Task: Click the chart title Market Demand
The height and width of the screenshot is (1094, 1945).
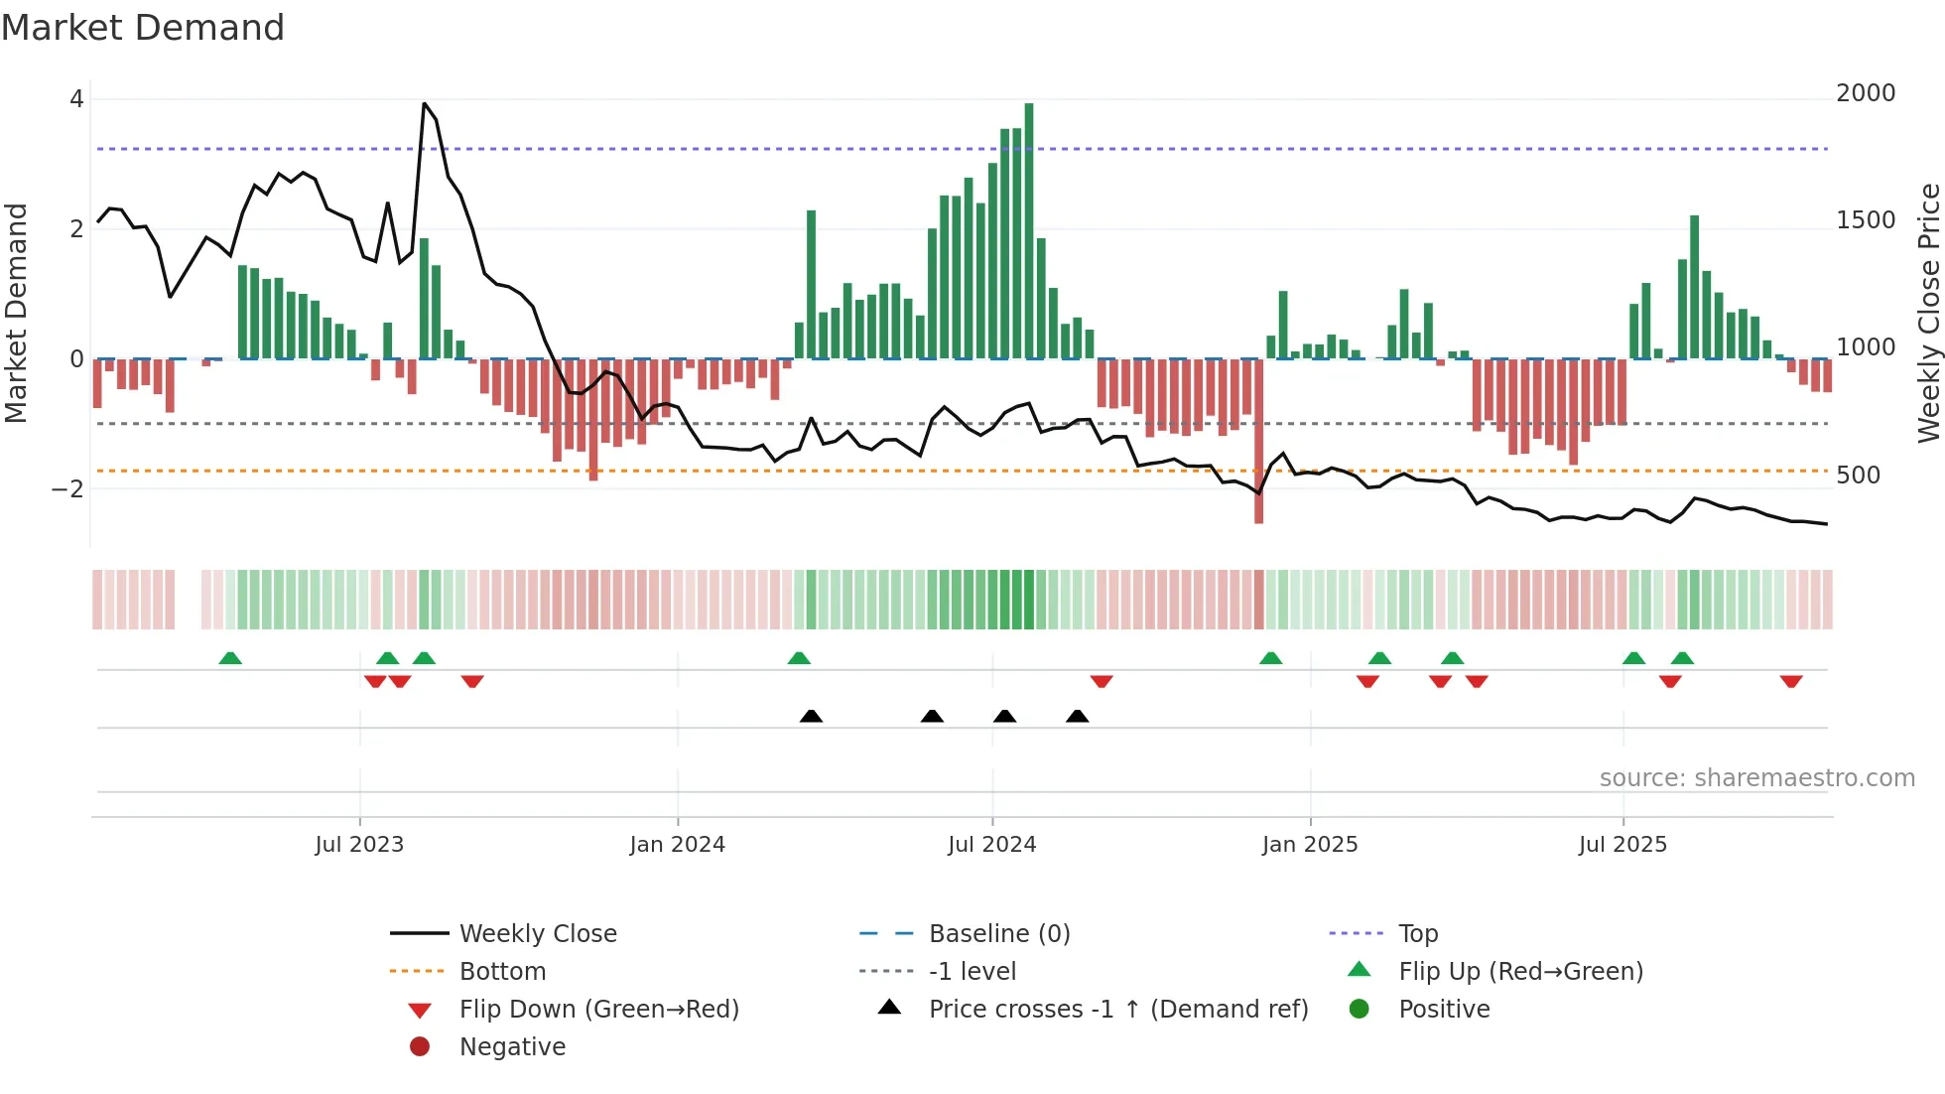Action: tap(143, 28)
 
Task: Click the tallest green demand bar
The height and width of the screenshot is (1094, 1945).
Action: tap(1029, 230)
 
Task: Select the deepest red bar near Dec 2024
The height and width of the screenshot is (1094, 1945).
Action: tap(1258, 441)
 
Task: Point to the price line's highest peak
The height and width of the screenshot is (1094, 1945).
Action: tap(425, 104)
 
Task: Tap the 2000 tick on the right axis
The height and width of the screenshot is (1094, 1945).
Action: tap(1865, 93)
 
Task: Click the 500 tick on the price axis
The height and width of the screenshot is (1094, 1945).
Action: tap(1858, 476)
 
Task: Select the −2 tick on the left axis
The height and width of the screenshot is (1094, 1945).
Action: tap(67, 488)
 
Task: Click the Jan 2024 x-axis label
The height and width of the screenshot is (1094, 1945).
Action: tap(677, 845)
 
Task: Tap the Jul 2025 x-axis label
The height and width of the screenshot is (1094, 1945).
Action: tap(1622, 845)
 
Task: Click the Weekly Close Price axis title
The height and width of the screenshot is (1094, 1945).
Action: tap(1928, 313)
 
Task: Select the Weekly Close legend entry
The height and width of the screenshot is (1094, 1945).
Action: tap(537, 934)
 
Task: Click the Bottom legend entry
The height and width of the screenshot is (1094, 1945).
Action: tap(502, 972)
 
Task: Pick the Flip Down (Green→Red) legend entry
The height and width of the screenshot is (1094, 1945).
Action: tap(598, 1010)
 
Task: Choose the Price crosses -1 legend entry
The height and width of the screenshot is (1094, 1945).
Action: tap(1117, 1010)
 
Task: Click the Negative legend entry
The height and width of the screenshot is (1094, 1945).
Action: tap(512, 1047)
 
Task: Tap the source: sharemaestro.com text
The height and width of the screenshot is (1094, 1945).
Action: tap(1756, 778)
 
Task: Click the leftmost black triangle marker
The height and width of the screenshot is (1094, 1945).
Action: tap(811, 717)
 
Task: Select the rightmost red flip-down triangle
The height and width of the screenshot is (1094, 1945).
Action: tap(1791, 681)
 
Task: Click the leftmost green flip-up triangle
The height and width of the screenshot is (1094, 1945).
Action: tap(230, 658)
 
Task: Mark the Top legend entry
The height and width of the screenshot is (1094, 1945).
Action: tap(1417, 934)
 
